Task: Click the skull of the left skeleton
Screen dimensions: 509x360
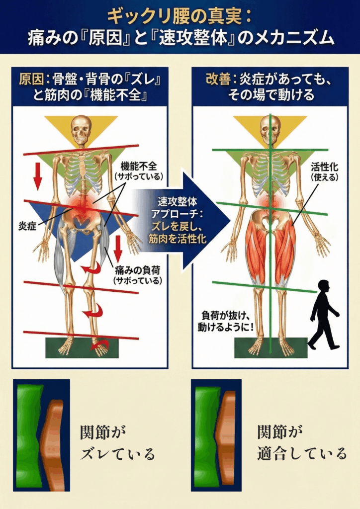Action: [81, 129]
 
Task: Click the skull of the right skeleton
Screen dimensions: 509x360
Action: [270, 129]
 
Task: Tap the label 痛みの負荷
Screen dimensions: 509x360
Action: [135, 271]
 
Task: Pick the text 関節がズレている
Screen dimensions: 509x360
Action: [117, 442]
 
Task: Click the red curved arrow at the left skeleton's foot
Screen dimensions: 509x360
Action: [100, 343]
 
